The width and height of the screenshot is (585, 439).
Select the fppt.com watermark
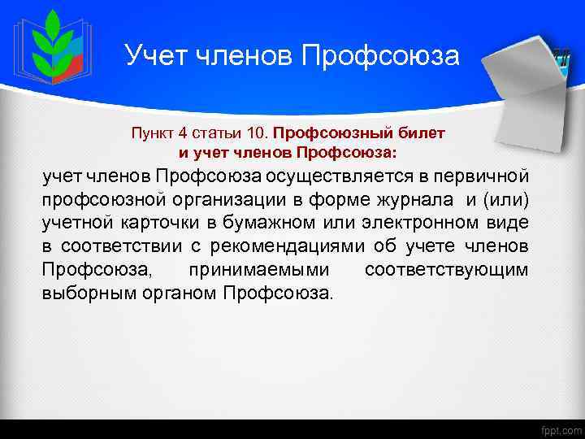[x=560, y=428]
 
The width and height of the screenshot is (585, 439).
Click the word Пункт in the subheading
[x=150, y=131]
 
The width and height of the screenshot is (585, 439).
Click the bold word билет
[x=425, y=131]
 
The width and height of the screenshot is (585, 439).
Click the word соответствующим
[x=446, y=270]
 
